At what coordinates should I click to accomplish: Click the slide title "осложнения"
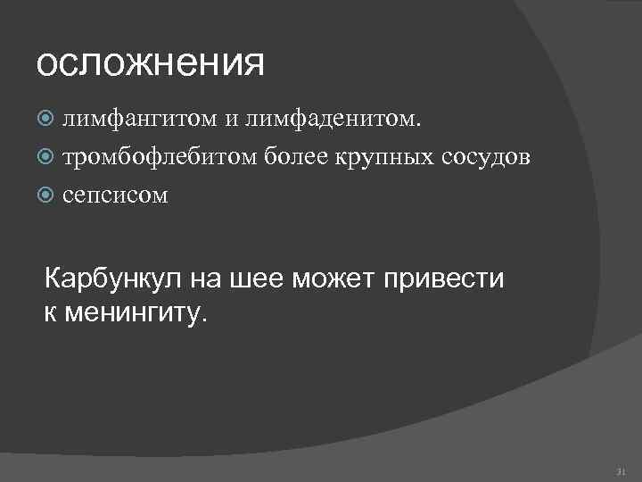tap(151, 65)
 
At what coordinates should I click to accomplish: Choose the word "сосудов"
tap(486, 157)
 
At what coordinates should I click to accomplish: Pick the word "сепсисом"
tap(115, 195)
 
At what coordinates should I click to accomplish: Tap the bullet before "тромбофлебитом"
tap(50, 158)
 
